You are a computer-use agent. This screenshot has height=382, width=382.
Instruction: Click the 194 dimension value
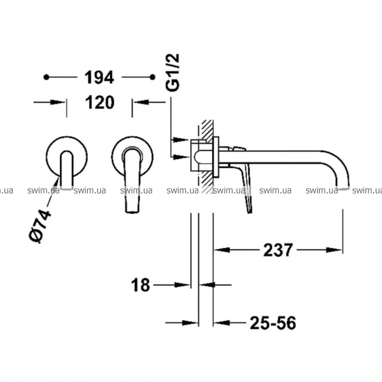click(x=99, y=78)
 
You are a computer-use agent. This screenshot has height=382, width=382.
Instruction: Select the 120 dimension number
click(x=100, y=103)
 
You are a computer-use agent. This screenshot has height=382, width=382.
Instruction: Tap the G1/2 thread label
click(x=173, y=73)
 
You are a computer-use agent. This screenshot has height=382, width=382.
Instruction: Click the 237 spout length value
click(x=278, y=250)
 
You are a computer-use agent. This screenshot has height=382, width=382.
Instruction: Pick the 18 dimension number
click(x=141, y=285)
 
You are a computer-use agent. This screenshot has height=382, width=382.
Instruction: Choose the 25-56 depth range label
click(x=273, y=323)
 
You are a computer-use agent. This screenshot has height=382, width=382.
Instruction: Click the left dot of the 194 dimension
click(x=46, y=77)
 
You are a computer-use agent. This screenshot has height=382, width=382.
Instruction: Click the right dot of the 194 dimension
click(x=153, y=77)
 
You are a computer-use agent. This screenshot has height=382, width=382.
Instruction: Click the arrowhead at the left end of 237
click(x=222, y=250)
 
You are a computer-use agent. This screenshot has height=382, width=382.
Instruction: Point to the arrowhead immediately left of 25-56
click(x=221, y=323)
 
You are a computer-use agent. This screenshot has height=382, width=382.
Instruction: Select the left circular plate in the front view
click(x=66, y=157)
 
